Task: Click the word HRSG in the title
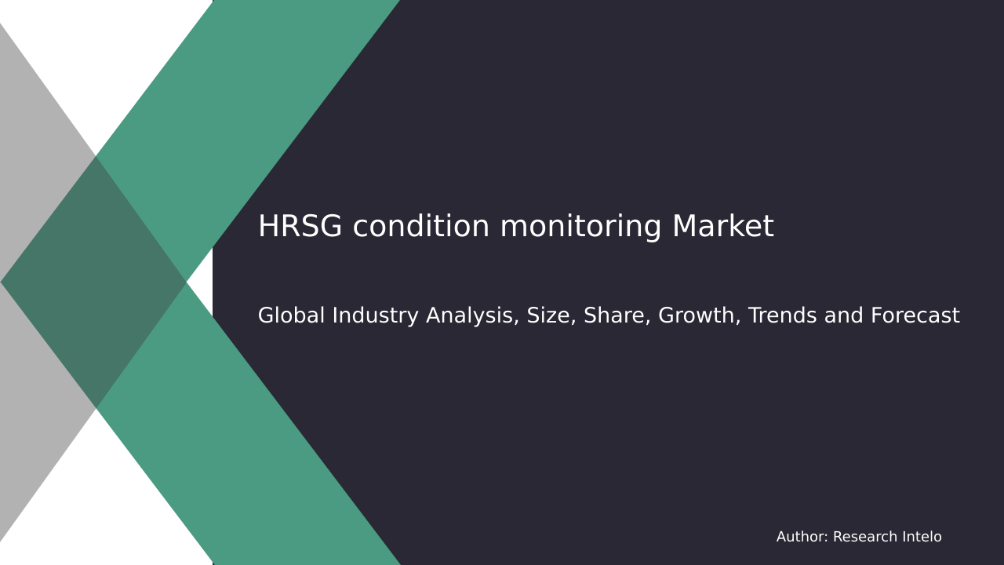click(300, 227)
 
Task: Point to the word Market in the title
click(722, 227)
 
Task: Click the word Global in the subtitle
click(291, 315)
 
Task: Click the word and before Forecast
click(842, 315)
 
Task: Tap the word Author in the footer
click(802, 538)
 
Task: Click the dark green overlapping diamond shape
click(94, 282)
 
